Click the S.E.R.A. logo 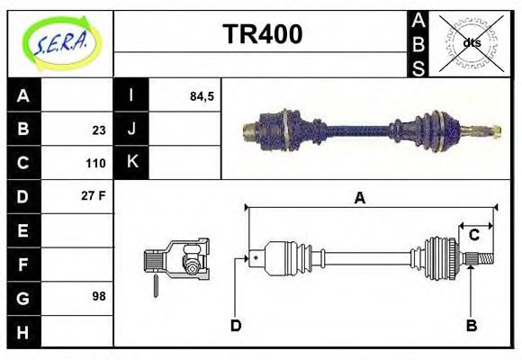[x=60, y=42]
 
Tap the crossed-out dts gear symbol [x=471, y=42]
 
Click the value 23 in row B [x=98, y=130]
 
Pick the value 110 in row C [x=95, y=164]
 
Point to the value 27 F [x=94, y=195]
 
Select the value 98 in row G [x=98, y=295]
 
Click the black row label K [x=131, y=163]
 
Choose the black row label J [x=131, y=130]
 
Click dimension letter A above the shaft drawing [x=359, y=198]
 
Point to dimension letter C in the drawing [x=473, y=235]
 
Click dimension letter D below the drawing [x=236, y=325]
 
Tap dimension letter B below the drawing [x=470, y=325]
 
